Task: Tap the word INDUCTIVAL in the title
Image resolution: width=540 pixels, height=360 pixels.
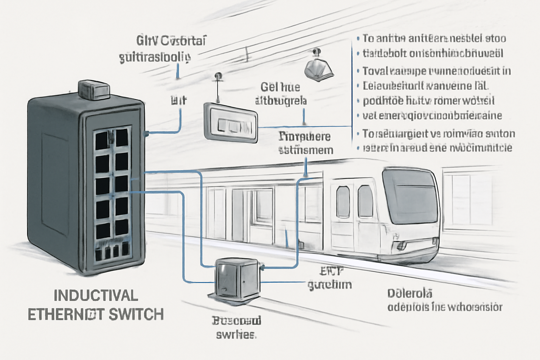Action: click(x=96, y=296)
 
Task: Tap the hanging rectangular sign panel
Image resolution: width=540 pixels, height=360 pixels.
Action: click(x=231, y=123)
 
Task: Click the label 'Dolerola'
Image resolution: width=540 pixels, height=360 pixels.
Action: click(x=410, y=293)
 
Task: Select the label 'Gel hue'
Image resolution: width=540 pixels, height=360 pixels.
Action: click(x=280, y=87)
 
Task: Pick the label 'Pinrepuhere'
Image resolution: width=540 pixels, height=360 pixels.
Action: click(x=304, y=136)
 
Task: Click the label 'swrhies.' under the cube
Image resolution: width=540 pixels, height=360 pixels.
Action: click(x=236, y=334)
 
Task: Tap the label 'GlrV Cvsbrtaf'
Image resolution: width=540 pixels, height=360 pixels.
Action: click(x=171, y=41)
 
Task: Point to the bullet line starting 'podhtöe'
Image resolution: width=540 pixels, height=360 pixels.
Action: click(x=429, y=101)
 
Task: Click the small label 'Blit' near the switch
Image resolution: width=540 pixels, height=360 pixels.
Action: click(x=179, y=101)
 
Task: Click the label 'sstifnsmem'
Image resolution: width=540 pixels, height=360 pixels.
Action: click(x=306, y=150)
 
